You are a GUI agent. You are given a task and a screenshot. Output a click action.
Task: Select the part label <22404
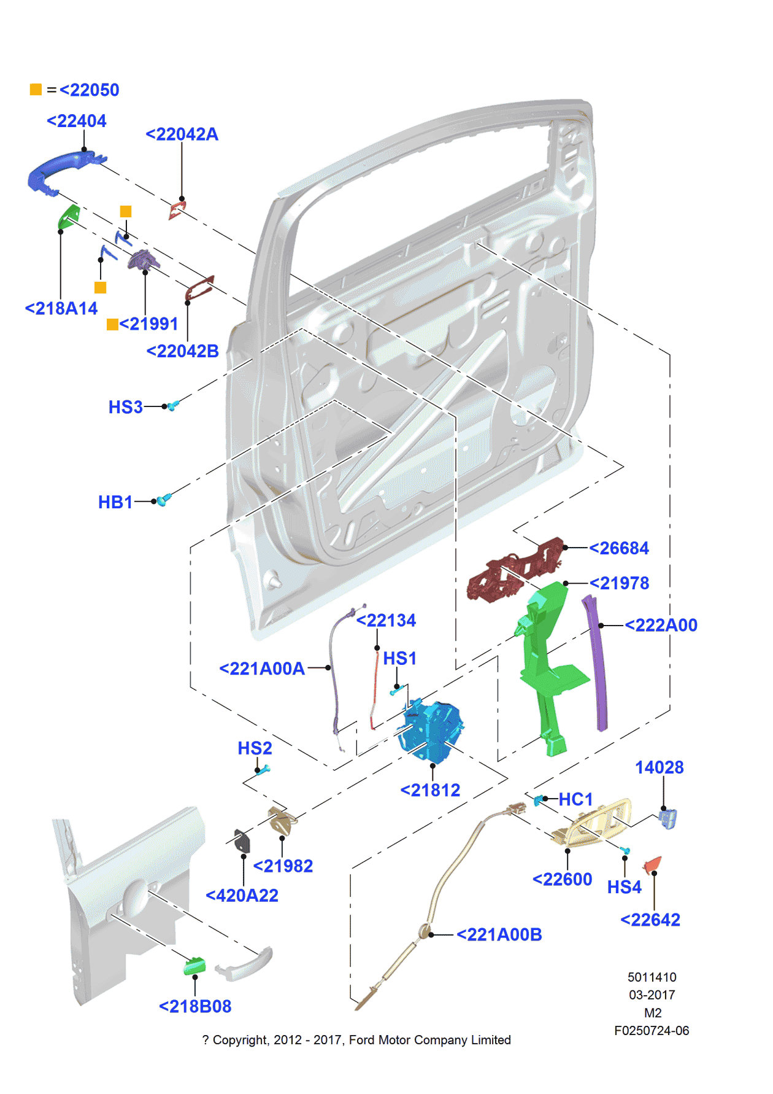(77, 122)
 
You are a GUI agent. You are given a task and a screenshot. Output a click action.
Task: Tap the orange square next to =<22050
(36, 90)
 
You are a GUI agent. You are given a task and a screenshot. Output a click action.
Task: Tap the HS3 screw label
(125, 408)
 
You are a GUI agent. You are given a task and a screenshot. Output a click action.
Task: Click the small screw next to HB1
(163, 500)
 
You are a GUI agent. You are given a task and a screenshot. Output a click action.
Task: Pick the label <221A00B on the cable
(499, 935)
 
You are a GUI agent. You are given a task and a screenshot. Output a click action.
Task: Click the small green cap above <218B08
(194, 965)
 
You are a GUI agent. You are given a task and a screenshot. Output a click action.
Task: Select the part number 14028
(659, 768)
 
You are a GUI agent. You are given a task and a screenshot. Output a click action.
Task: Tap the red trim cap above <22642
(652, 864)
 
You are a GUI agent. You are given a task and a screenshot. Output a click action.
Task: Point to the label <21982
(283, 866)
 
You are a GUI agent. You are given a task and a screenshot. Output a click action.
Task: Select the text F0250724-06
(652, 1031)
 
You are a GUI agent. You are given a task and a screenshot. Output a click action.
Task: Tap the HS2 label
(255, 749)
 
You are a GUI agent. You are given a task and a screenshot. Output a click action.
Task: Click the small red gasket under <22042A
(177, 209)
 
